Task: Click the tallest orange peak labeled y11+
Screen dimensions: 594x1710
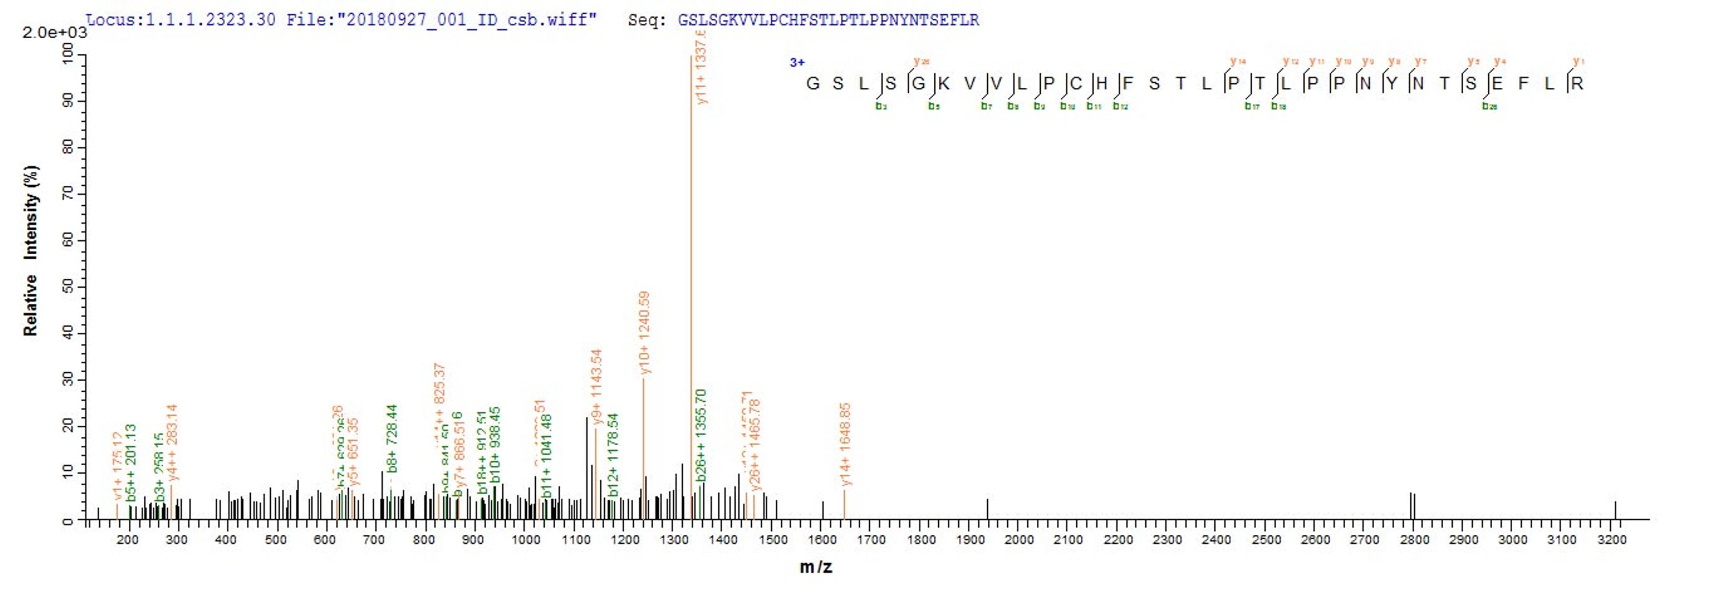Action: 691,285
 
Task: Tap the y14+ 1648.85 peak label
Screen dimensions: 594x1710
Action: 845,444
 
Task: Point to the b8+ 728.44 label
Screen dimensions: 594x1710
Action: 392,438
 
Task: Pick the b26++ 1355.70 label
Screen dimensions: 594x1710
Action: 701,435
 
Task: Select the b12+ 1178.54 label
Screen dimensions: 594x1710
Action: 613,455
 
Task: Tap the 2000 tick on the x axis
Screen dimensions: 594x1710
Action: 1019,540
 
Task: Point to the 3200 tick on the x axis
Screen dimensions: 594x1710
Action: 1612,540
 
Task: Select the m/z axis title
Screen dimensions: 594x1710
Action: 815,567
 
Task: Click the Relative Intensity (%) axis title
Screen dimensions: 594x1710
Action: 31,251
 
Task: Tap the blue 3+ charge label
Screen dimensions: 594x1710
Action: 797,62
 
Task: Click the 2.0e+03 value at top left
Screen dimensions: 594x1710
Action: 54,33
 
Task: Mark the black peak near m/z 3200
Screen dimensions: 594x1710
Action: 1615,510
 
